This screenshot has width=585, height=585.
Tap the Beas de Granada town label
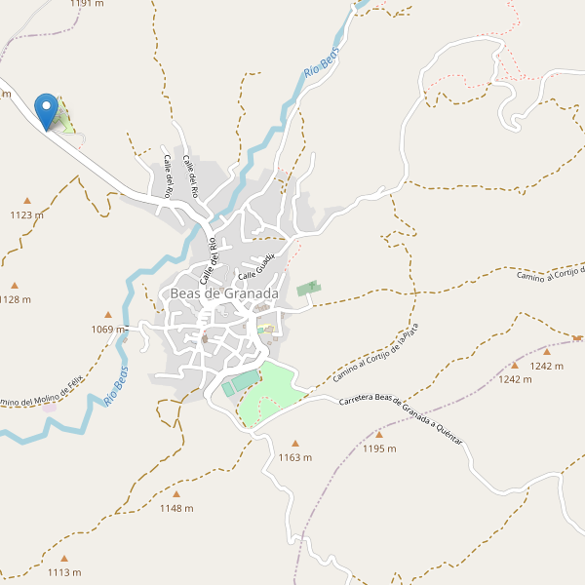click(x=224, y=292)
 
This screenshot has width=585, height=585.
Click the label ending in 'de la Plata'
click(x=374, y=353)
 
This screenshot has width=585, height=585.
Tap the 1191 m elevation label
click(x=87, y=4)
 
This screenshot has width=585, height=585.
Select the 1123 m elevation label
click(x=27, y=214)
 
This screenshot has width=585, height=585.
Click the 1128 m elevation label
click(x=16, y=299)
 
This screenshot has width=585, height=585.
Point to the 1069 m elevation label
click(x=108, y=330)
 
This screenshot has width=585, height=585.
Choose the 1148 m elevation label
click(x=176, y=508)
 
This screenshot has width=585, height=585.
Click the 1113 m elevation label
click(x=64, y=572)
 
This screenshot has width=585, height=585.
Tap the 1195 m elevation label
click(x=379, y=448)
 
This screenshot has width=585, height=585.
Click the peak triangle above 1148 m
click(x=176, y=494)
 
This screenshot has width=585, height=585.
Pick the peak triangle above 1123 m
click(x=27, y=201)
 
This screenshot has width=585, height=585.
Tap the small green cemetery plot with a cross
click(x=309, y=288)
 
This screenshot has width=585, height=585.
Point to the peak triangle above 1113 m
click(x=64, y=559)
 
